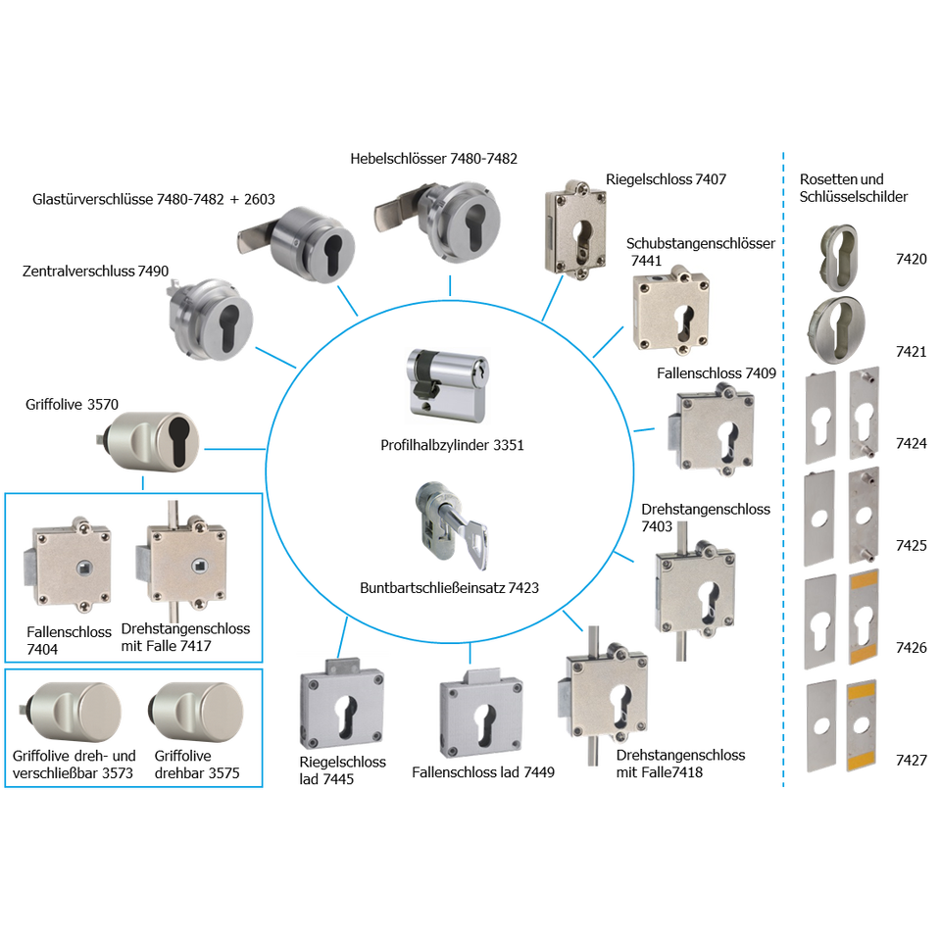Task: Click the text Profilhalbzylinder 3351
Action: coord(452,445)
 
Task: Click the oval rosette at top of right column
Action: coord(841,250)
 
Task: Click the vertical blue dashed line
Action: coord(783,470)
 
